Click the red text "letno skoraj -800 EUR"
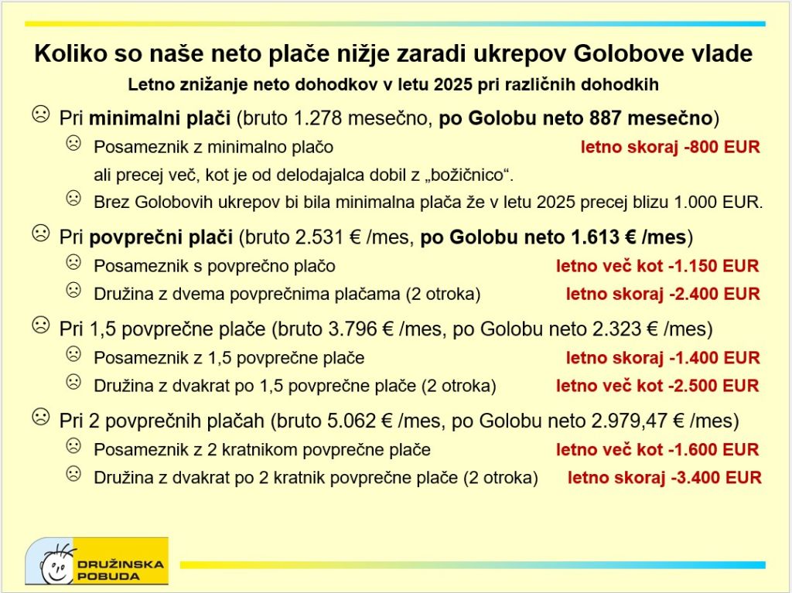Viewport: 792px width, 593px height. pyautogui.click(x=670, y=147)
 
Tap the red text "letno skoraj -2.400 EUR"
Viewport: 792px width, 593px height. pyautogui.click(x=663, y=295)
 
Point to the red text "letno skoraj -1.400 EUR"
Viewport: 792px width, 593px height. pyautogui.click(x=663, y=358)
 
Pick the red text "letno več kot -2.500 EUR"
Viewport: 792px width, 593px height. pyautogui.click(x=657, y=386)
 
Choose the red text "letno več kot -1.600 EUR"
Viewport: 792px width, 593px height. pyautogui.click(x=657, y=450)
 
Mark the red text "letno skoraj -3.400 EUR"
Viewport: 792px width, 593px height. pyautogui.click(x=664, y=478)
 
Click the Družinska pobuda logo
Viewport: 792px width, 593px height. pyautogui.click(x=96, y=561)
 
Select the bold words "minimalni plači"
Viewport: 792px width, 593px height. pyautogui.click(x=159, y=118)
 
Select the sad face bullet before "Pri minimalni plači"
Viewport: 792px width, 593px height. pyautogui.click(x=39, y=115)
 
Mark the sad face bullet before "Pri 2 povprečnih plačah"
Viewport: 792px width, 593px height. pyautogui.click(x=39, y=418)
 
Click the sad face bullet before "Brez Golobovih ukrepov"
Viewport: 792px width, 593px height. pyautogui.click(x=73, y=199)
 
